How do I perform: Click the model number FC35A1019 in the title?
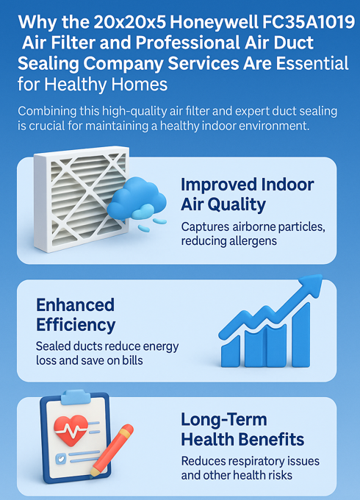pos(308,22)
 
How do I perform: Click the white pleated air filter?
pos(82,199)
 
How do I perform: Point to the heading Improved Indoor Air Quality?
pos(247,194)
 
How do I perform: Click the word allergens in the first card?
pos(253,241)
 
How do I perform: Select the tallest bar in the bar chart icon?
pos(300,335)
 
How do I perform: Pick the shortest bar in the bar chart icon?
pos(231,351)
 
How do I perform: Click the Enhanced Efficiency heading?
pos(76,315)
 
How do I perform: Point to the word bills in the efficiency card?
pos(132,360)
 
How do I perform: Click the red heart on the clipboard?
pos(71,429)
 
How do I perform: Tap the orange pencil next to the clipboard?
pos(112,450)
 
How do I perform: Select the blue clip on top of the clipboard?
pos(76,397)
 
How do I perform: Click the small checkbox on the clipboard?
pos(60,459)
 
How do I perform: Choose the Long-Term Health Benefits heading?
pos(242,429)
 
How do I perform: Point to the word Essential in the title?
pos(312,63)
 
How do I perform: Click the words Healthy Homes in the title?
pos(106,84)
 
